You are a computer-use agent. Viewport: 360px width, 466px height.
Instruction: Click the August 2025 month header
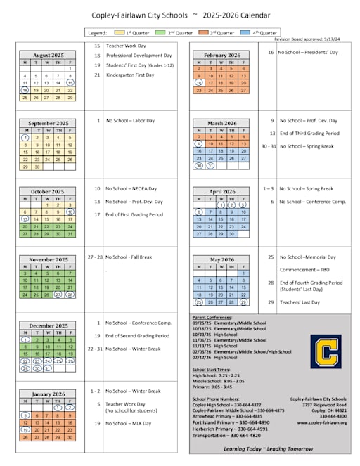tap(48, 54)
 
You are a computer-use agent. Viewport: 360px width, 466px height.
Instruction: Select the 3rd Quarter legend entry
tap(219, 32)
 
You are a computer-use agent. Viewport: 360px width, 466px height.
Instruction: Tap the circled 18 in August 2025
tap(25, 90)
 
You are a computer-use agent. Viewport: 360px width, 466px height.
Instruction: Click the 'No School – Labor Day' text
tap(130, 120)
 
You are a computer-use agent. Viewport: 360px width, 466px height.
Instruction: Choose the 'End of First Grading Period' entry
tap(138, 214)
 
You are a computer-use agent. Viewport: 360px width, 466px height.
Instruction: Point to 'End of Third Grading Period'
tap(309, 133)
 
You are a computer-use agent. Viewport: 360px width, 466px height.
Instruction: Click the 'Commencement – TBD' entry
tap(303, 269)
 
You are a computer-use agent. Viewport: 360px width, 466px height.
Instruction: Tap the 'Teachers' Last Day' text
tap(300, 302)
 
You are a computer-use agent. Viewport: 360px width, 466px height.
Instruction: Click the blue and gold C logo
tap(326, 351)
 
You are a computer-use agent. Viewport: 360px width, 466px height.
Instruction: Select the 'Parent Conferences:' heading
tap(214, 317)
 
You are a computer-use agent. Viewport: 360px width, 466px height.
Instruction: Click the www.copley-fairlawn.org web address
tap(322, 422)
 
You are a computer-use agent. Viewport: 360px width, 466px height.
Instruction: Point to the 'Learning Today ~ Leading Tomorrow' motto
tap(269, 448)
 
